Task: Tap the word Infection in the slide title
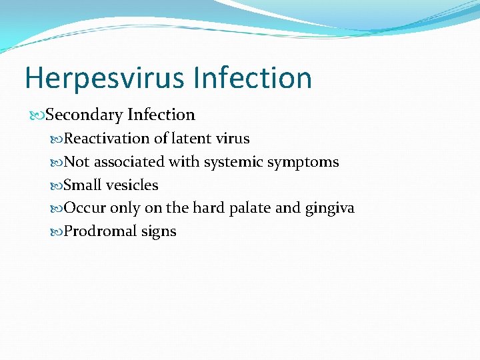(253, 78)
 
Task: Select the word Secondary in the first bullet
(84, 115)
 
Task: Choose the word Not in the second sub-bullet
(77, 162)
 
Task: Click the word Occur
(85, 209)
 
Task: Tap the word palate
(248, 209)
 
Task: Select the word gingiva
(329, 209)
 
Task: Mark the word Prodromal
(100, 232)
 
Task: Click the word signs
(159, 232)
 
